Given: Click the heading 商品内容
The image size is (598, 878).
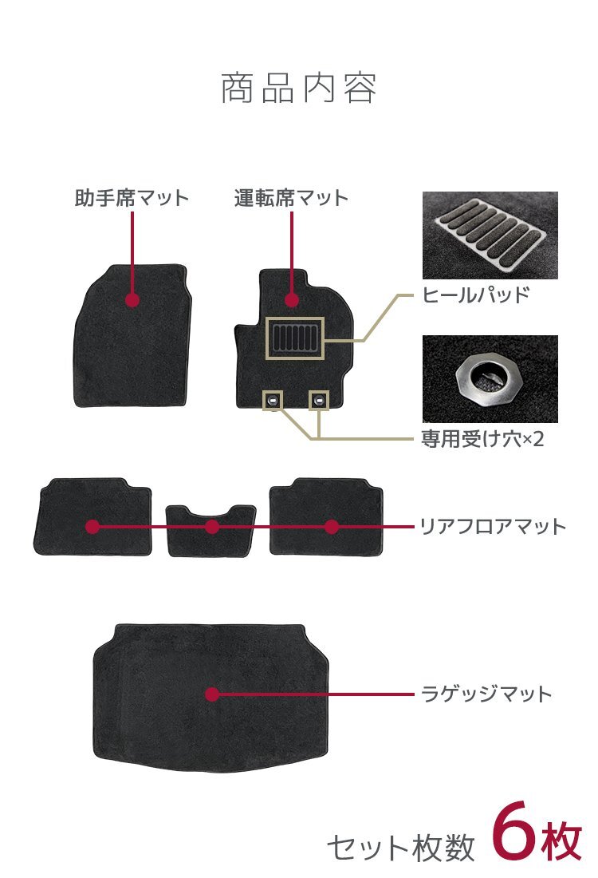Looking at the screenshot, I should pyautogui.click(x=298, y=89).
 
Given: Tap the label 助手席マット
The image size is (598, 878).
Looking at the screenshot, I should pyautogui.click(x=132, y=198).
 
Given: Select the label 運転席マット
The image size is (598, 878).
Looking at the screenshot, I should pyautogui.click(x=292, y=198).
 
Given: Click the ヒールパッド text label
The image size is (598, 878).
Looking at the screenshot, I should pyautogui.click(x=475, y=295).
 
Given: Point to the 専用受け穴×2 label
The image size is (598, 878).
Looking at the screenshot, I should pyautogui.click(x=482, y=439).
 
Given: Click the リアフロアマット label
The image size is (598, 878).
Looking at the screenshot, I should pyautogui.click(x=493, y=526).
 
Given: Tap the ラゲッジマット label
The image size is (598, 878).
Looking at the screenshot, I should pyautogui.click(x=486, y=694).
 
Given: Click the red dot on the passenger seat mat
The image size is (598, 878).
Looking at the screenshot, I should pyautogui.click(x=132, y=300).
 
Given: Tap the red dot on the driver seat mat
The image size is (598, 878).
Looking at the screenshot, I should pyautogui.click(x=292, y=300).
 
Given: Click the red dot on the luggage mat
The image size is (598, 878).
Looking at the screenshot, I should pyautogui.click(x=212, y=694).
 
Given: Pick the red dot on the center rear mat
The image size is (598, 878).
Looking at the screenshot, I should pyautogui.click(x=212, y=527).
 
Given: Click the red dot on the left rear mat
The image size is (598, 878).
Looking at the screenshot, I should pyautogui.click(x=92, y=527).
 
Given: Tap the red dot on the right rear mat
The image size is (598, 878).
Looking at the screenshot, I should pyautogui.click(x=332, y=527).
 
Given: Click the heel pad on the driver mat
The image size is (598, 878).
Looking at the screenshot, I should pyautogui.click(x=294, y=338).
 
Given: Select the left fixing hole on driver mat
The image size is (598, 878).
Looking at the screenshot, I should pyautogui.click(x=273, y=400).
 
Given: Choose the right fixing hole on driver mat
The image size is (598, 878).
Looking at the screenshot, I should pyautogui.click(x=319, y=400).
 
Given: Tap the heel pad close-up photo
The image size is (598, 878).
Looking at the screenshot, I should pyautogui.click(x=490, y=235).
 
